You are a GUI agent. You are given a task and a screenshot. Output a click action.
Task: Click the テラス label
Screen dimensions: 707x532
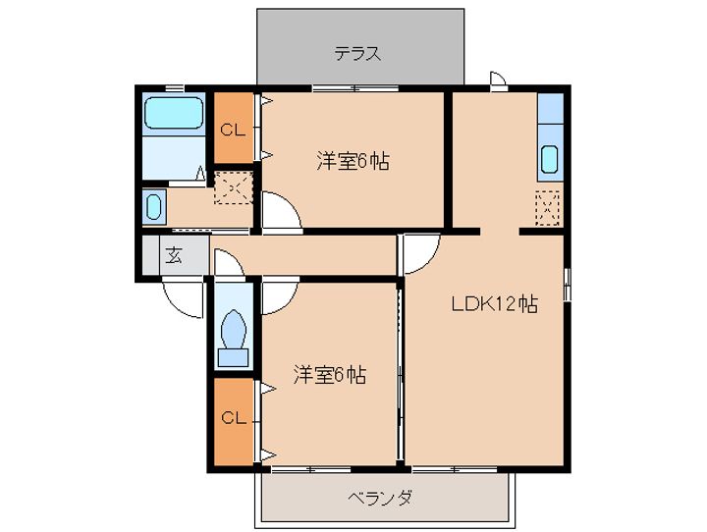tap(357, 54)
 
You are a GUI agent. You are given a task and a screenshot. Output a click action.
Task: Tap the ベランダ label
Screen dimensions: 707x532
tap(380, 499)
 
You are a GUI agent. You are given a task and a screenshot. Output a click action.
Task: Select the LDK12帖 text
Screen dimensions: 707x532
tap(495, 304)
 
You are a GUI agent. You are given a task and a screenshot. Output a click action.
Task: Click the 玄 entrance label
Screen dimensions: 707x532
tap(174, 255)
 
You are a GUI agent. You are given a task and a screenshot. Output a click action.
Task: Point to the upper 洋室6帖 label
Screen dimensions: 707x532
tap(353, 161)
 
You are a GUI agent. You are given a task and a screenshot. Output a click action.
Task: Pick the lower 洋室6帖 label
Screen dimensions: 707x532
tap(330, 374)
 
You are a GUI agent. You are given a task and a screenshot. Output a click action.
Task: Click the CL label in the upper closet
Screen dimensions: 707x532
tap(233, 131)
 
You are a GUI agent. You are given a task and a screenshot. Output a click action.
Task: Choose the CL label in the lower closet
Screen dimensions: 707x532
tap(234, 418)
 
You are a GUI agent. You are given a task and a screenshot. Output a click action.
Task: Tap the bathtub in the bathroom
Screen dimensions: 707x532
tap(173, 113)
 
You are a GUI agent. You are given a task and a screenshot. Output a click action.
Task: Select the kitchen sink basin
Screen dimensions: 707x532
tap(550, 160)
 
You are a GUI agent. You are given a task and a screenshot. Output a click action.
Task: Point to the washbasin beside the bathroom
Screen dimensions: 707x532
tap(154, 207)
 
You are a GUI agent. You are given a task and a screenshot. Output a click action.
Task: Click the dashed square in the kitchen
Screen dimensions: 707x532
tap(547, 208)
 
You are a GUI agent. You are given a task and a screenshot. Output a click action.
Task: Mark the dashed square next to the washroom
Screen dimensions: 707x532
tap(233, 187)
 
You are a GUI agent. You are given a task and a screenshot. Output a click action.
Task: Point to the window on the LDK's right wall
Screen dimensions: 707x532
tap(568, 284)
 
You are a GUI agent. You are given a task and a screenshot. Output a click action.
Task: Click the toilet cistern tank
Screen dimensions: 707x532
tap(233, 357)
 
